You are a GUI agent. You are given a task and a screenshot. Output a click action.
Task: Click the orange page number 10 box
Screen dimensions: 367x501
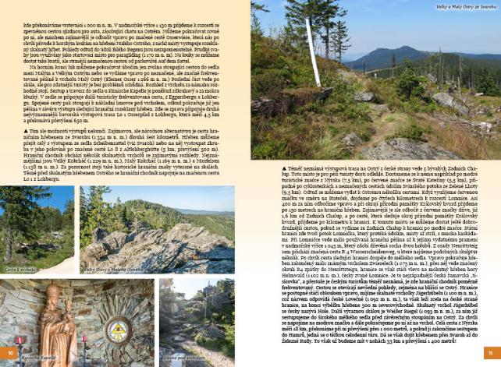pos(9,352)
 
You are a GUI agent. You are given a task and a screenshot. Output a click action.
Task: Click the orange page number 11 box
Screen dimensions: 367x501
pos(489,352)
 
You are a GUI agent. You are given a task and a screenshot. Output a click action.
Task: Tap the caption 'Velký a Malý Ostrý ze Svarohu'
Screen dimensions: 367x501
pos(467,5)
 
